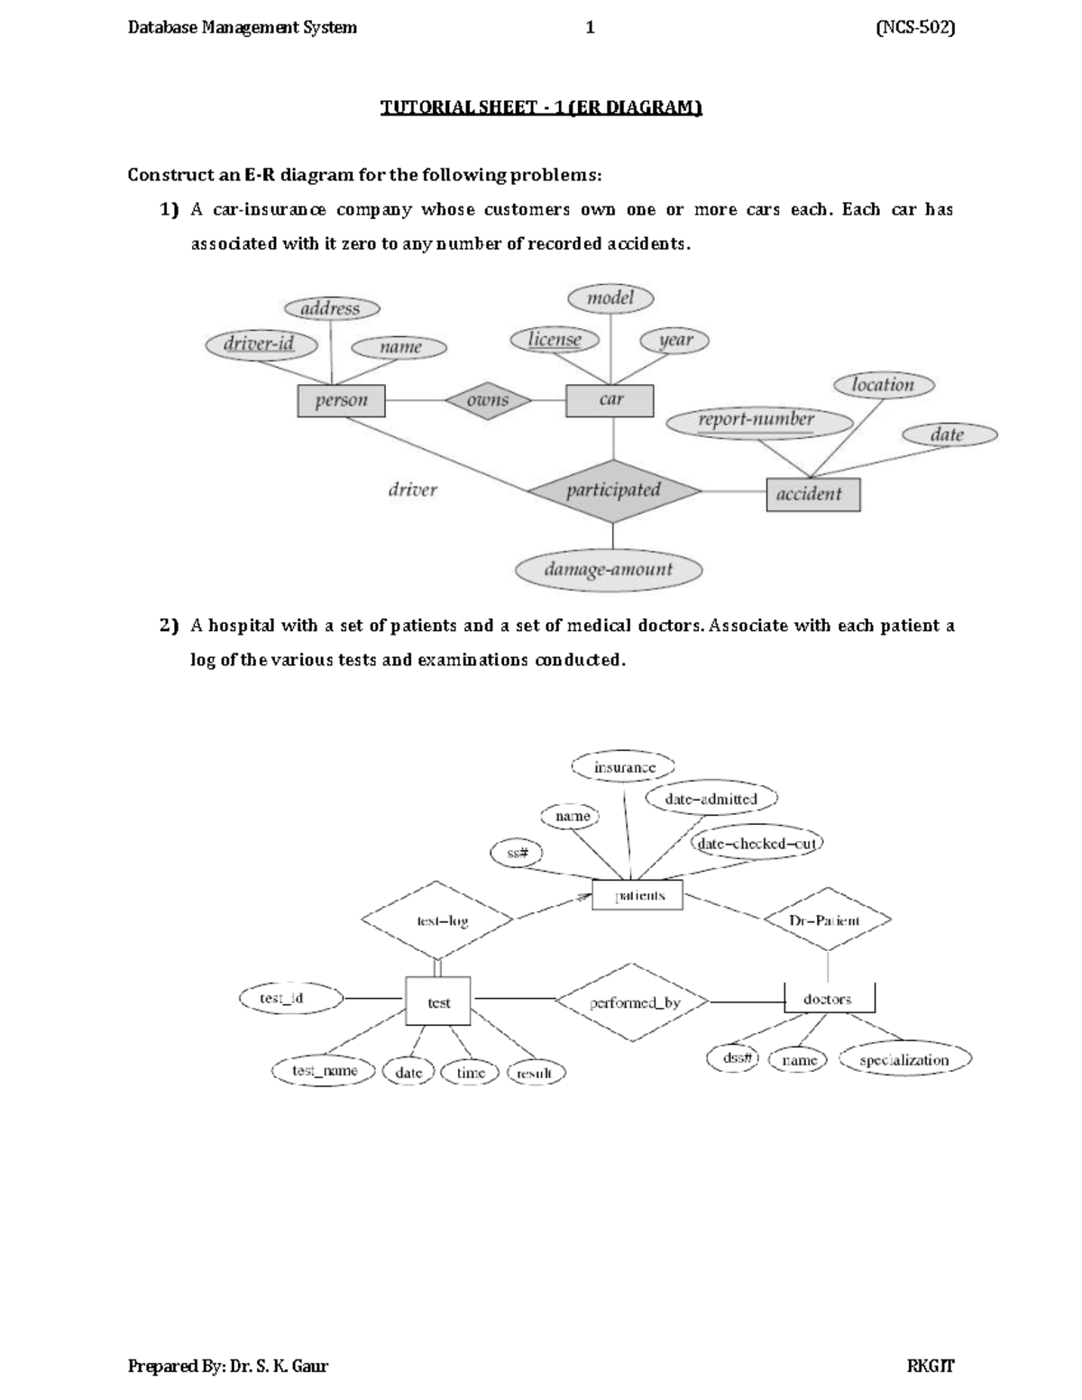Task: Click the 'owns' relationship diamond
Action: (x=488, y=400)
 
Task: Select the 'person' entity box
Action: (x=341, y=401)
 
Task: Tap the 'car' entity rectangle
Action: (x=610, y=400)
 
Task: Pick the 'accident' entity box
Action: (x=812, y=494)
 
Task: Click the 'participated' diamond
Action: (x=613, y=490)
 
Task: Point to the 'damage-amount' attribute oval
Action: (x=609, y=570)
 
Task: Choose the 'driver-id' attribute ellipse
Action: (x=260, y=343)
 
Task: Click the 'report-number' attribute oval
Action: (x=757, y=420)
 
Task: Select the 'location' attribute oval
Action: (x=882, y=385)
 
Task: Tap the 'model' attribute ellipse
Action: (x=610, y=297)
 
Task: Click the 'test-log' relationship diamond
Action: (x=438, y=920)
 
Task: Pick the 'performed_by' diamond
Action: (x=634, y=1002)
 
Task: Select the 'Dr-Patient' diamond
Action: (x=826, y=920)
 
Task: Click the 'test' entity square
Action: (x=438, y=1002)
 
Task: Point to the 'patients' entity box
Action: (x=638, y=896)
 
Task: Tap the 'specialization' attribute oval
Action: (x=904, y=1060)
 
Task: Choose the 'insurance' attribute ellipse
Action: (x=624, y=767)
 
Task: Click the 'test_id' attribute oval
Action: (x=290, y=998)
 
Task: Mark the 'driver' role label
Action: (x=413, y=490)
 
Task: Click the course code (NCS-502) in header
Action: (x=914, y=28)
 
